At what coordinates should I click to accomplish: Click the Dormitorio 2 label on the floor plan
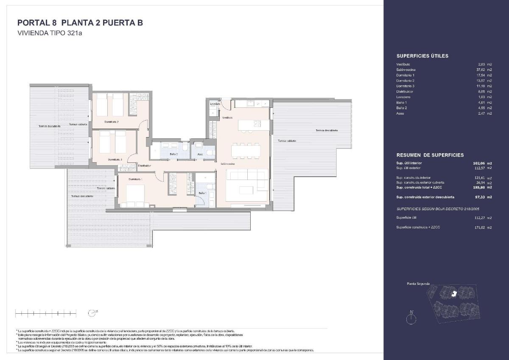[111, 122]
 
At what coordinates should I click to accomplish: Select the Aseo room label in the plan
[200, 155]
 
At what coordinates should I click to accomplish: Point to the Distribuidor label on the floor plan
[144, 166]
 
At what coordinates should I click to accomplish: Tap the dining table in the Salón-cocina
[244, 150]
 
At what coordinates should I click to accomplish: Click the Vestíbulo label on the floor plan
[227, 118]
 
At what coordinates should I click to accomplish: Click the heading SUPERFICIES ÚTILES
[422, 56]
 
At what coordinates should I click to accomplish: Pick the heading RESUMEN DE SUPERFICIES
[430, 155]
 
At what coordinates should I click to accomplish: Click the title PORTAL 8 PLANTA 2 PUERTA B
[80, 23]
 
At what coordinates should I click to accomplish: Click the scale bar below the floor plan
[45, 313]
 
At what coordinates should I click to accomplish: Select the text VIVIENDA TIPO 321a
[49, 34]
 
